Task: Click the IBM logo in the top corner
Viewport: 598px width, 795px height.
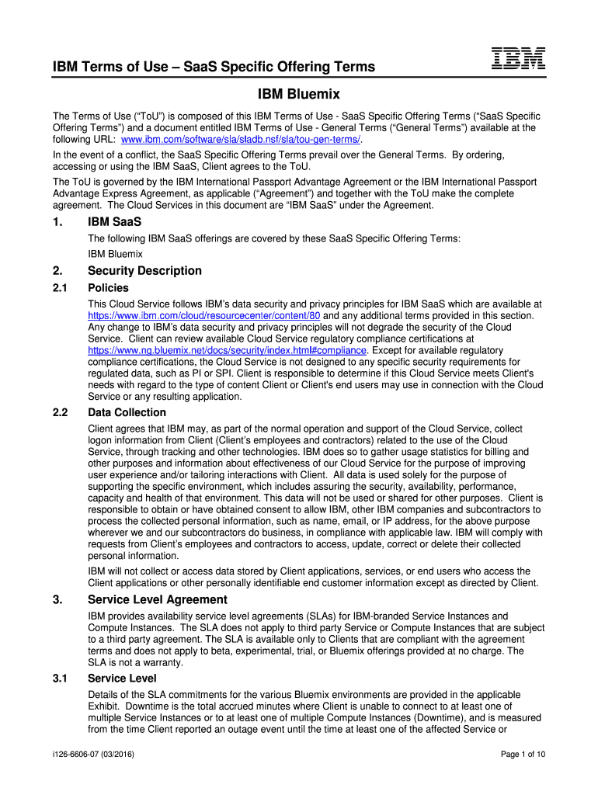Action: (x=518, y=59)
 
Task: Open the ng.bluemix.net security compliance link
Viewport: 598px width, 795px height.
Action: (x=227, y=350)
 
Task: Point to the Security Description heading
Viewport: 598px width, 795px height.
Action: (x=144, y=271)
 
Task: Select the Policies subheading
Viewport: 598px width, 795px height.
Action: (x=109, y=288)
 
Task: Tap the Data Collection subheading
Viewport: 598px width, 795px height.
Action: (x=127, y=412)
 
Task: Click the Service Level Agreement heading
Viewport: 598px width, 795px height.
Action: (x=158, y=599)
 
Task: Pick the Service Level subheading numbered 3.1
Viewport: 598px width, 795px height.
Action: (x=122, y=679)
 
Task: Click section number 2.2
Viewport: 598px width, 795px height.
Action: (x=61, y=412)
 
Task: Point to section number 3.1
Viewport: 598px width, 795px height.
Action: (x=61, y=679)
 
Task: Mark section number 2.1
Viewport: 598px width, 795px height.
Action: (x=61, y=288)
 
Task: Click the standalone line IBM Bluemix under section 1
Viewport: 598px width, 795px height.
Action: (x=115, y=254)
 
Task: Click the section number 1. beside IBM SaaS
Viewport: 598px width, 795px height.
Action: (x=57, y=223)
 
